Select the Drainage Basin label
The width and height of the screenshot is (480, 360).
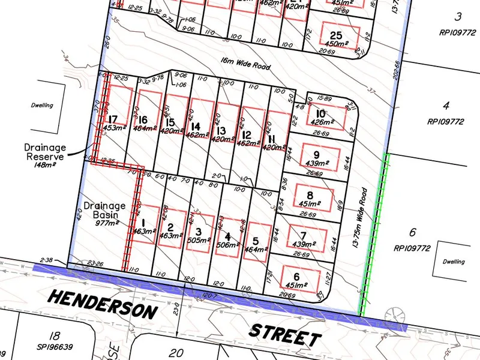click(105, 209)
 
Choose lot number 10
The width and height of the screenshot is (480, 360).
click(320, 114)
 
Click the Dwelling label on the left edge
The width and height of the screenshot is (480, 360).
click(42, 106)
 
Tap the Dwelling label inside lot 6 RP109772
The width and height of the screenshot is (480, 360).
click(452, 262)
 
